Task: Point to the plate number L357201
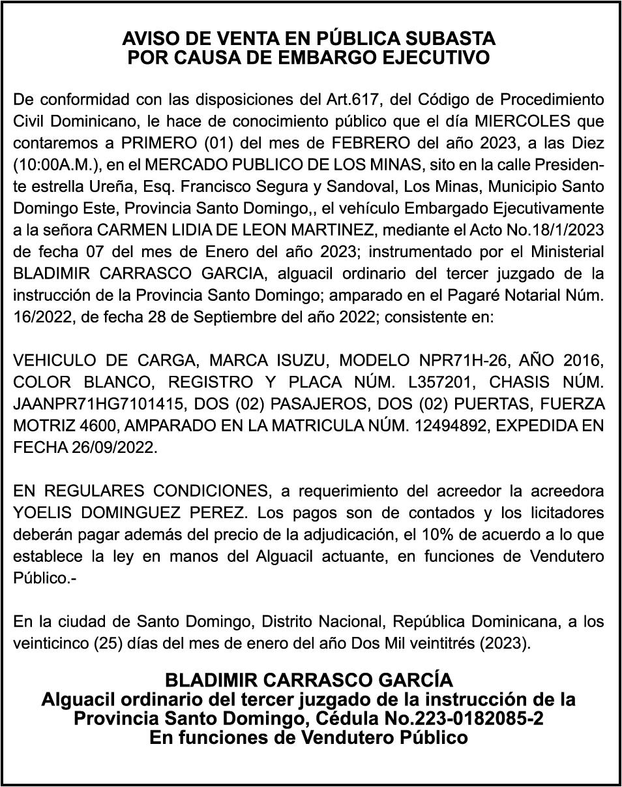coord(447,382)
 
